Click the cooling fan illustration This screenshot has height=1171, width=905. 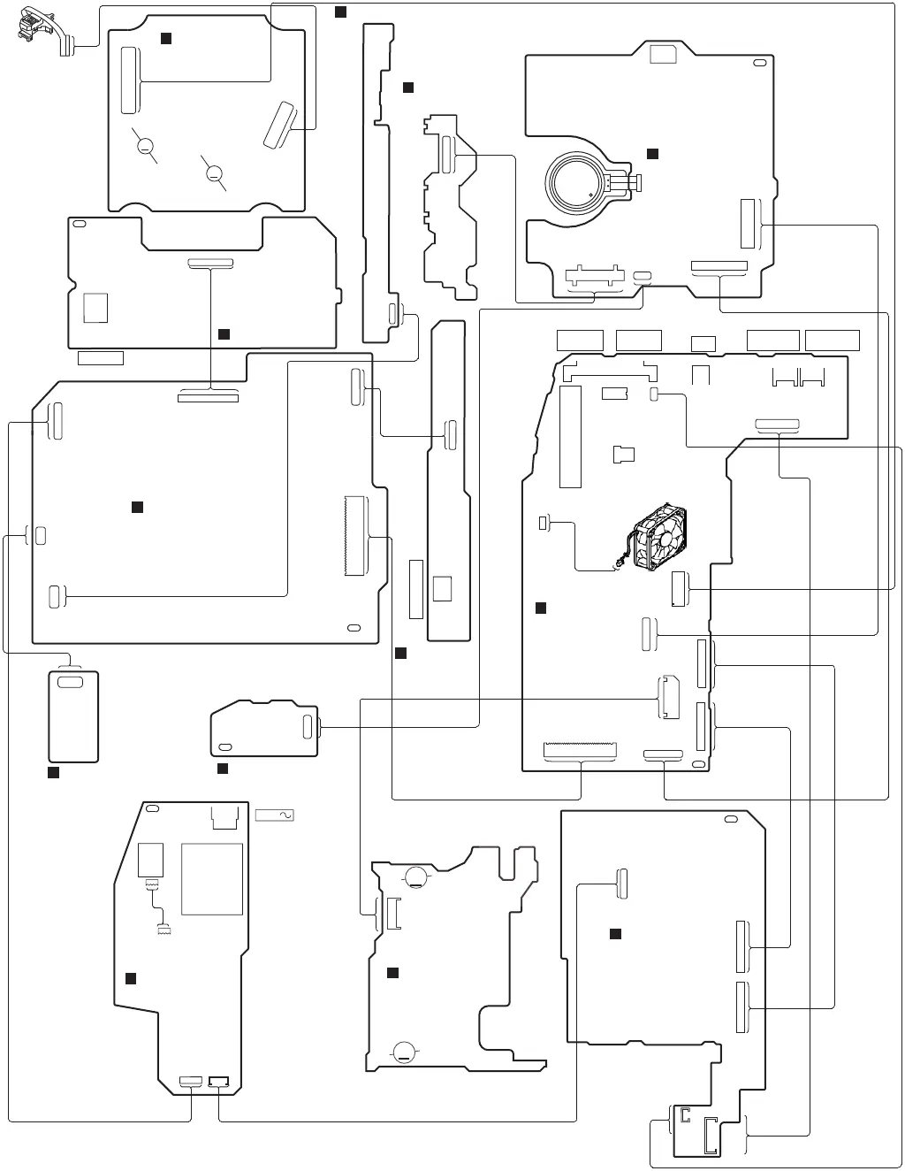(657, 537)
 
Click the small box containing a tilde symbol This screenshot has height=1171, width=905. (274, 815)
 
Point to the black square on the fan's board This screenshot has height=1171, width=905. (541, 608)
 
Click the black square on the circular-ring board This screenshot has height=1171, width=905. (652, 154)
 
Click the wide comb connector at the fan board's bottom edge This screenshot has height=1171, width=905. (580, 752)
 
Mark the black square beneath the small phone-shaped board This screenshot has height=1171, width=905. (52, 772)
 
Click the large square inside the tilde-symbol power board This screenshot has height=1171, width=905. (212, 879)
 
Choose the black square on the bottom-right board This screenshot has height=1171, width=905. (616, 934)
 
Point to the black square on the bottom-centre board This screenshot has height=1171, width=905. (393, 973)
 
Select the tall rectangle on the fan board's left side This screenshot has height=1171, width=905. (570, 437)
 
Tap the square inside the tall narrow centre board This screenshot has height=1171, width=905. (443, 589)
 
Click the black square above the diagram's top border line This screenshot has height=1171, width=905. (340, 11)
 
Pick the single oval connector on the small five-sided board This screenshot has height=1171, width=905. (308, 727)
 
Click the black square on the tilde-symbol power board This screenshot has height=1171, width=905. (130, 977)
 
